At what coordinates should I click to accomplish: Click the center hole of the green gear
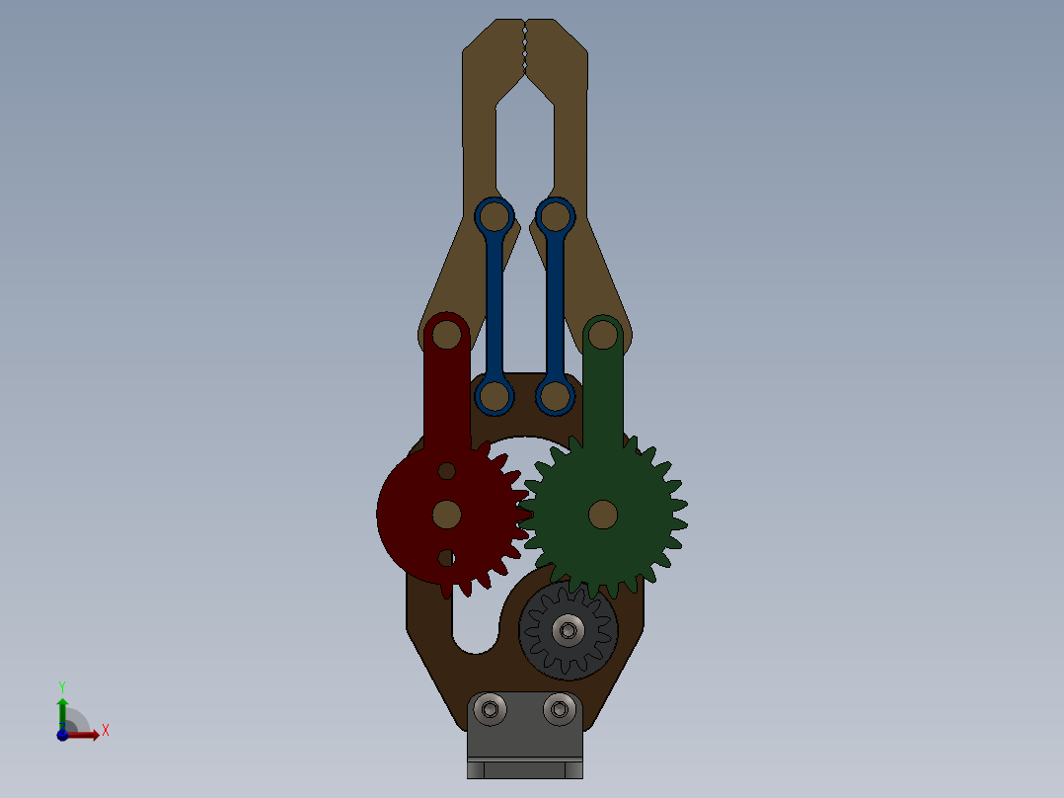tap(603, 514)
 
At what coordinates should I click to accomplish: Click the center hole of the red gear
tap(447, 514)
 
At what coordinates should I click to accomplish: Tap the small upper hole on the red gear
tap(446, 470)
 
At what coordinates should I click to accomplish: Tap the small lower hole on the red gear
tap(446, 558)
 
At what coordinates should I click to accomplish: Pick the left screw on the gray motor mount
tap(491, 708)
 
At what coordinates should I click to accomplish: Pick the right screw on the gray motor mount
tap(561, 708)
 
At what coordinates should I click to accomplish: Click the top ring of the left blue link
tap(494, 215)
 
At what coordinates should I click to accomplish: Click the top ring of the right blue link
tap(556, 215)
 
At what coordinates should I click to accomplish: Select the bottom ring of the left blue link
tap(494, 396)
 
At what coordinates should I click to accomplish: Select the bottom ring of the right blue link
tap(556, 396)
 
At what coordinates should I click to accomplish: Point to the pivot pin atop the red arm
tap(447, 335)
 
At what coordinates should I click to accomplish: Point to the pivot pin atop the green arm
tap(602, 337)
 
